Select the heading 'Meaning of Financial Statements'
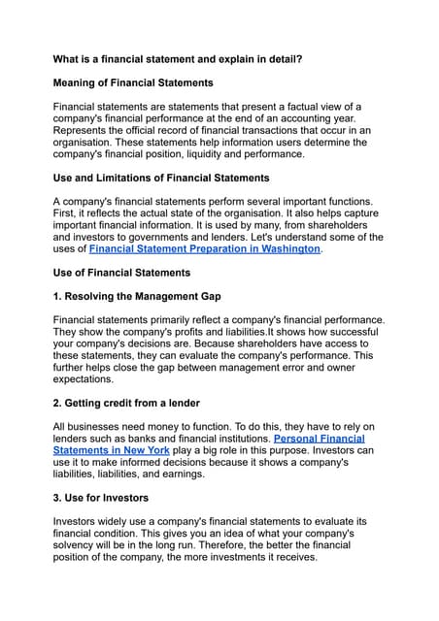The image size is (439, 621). coord(133,83)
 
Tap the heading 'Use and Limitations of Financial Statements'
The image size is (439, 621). coord(161,178)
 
